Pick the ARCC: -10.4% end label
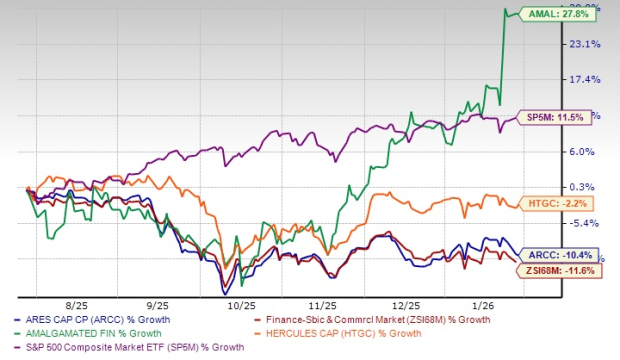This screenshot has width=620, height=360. tap(552, 254)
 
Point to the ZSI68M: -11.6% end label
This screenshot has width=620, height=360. tap(556, 271)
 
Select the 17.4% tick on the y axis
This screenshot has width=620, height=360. tap(584, 80)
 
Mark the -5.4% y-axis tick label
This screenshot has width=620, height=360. tap(584, 223)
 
